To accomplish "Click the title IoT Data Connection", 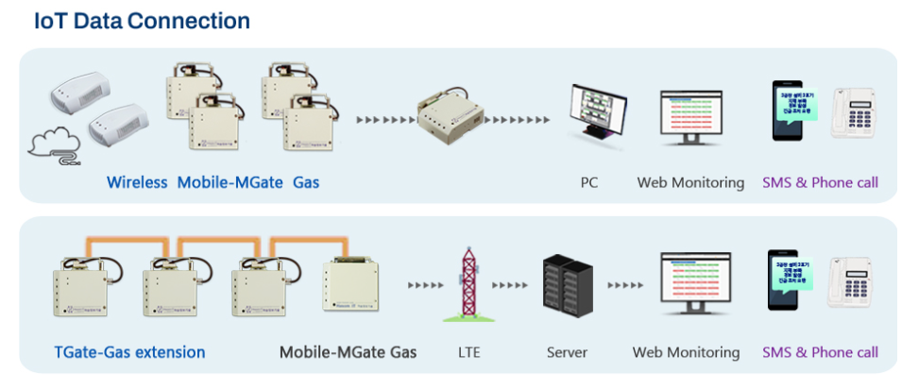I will (142, 20).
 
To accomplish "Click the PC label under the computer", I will (589, 182).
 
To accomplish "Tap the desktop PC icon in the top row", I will (596, 115).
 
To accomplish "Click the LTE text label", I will (468, 352).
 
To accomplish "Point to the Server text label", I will (567, 352).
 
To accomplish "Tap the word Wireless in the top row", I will (137, 182).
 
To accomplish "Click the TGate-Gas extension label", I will (129, 352).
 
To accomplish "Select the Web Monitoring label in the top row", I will (690, 182).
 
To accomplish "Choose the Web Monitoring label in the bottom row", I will (686, 352).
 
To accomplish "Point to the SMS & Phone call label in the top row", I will (820, 182).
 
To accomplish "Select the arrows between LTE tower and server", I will (510, 284).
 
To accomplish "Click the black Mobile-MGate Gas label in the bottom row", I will (348, 352).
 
